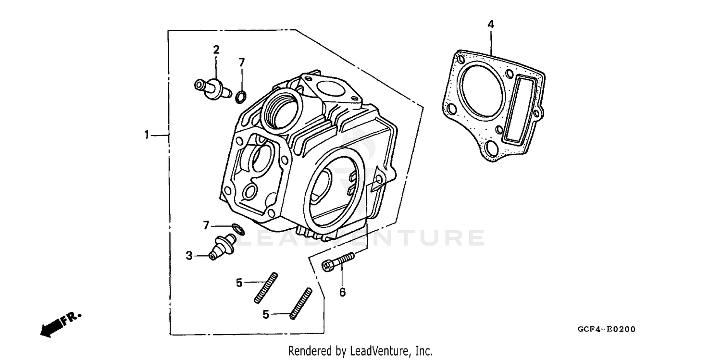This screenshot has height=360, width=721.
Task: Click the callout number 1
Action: (x=147, y=135)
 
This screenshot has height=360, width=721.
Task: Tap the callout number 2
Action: (x=216, y=49)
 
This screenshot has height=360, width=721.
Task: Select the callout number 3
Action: (x=189, y=256)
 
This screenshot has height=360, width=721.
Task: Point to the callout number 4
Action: (x=491, y=24)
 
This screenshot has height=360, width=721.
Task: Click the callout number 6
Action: (x=342, y=292)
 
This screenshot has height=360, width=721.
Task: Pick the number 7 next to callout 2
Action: (x=242, y=62)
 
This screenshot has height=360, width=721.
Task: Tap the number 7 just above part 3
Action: (x=206, y=225)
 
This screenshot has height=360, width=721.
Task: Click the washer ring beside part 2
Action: (x=240, y=98)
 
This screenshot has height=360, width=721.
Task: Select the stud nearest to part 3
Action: (x=266, y=288)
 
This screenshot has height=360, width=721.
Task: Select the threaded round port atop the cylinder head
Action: (x=281, y=108)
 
